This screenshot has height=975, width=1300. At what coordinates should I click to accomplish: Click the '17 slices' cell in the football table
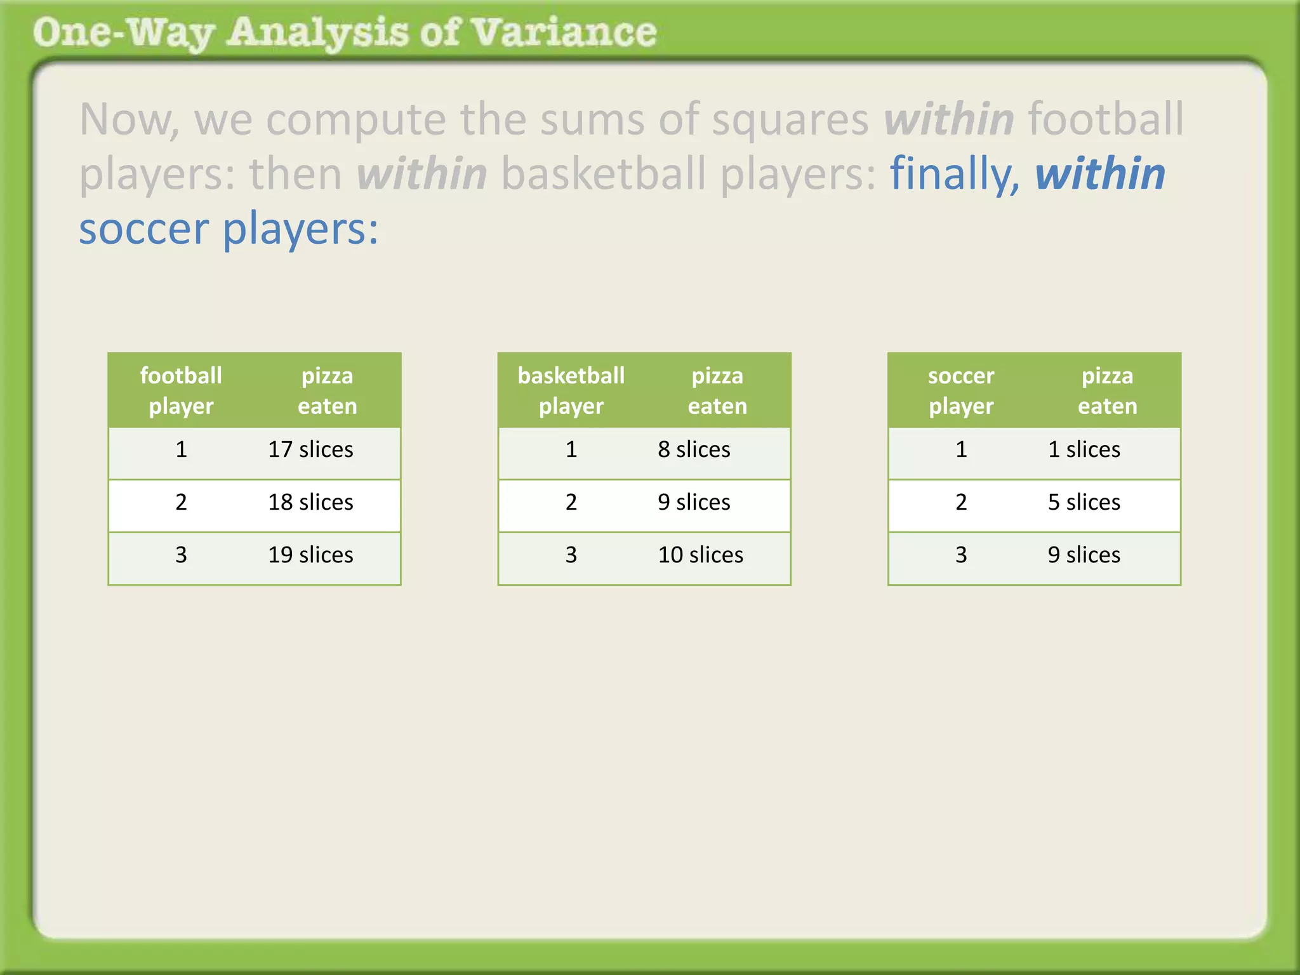[310, 449]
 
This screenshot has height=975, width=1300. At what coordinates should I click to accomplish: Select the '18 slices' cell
[310, 502]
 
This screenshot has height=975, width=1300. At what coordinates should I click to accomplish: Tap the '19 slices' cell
[310, 555]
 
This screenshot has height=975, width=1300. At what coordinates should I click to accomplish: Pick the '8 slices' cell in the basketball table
[694, 449]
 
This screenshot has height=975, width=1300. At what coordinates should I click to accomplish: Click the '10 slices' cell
[700, 555]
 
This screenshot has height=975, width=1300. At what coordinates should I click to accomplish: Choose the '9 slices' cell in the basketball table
[694, 502]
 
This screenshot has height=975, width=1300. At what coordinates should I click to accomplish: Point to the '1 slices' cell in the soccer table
[1084, 449]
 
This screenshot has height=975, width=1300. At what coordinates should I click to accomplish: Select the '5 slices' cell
[1084, 502]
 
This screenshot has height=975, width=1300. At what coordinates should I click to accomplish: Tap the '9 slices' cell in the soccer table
[1084, 555]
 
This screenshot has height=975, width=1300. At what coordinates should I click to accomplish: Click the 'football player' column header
[181, 390]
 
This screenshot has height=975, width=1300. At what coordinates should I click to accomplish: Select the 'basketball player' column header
[571, 390]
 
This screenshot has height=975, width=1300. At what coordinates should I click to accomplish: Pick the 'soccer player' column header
[961, 390]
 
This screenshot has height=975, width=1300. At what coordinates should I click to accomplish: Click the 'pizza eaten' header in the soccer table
[1107, 390]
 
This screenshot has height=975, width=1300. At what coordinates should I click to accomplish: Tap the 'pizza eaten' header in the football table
[327, 390]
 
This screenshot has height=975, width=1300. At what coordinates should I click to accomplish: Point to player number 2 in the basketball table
[571, 502]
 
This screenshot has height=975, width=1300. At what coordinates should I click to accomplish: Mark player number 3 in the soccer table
[961, 555]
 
